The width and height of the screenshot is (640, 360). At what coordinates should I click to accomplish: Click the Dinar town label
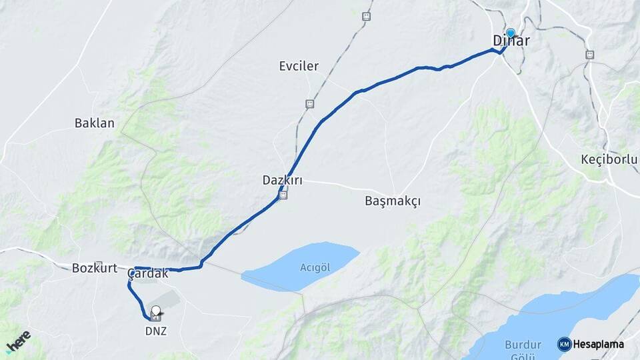pos(511,41)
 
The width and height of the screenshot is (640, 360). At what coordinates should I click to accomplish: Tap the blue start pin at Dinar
pos(511,33)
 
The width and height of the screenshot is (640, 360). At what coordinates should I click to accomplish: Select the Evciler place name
pos(299,66)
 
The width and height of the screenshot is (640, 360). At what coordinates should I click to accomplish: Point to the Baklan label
pos(95,123)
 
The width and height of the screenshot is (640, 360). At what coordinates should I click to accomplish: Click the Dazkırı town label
pos(278,180)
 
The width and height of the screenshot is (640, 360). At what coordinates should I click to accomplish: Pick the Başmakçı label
pos(393,201)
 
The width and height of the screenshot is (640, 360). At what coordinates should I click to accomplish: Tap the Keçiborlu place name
pos(609,159)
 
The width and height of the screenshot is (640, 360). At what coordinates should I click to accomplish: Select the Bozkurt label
pos(89,269)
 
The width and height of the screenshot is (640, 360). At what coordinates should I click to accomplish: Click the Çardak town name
pos(148,273)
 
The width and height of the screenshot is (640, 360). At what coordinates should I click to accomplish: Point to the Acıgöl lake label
pos(315,267)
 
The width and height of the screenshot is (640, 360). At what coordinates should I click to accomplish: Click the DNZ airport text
pos(156,331)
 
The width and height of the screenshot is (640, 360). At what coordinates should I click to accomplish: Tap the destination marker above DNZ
pos(156,311)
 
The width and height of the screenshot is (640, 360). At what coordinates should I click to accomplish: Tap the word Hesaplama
pos(598,344)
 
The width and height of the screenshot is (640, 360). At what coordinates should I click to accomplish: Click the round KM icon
pos(564,344)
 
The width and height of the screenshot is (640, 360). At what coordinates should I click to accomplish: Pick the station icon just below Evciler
pos(309,104)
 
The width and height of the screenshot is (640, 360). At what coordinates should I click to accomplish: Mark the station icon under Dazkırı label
pos(283,195)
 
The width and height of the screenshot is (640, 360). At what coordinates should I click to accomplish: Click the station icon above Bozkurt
pos(99,265)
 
